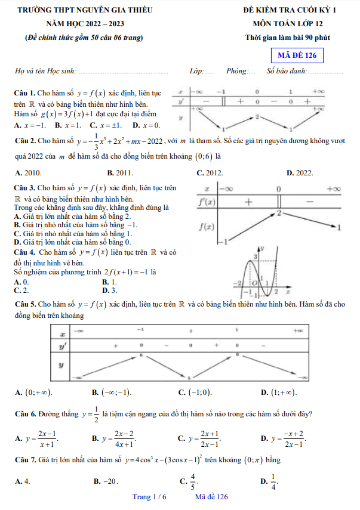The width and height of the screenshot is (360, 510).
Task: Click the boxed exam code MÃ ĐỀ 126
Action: click(x=297, y=56)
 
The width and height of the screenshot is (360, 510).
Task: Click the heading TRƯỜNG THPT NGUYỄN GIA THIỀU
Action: click(x=85, y=10)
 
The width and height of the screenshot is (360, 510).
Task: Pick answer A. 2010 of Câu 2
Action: click(x=28, y=172)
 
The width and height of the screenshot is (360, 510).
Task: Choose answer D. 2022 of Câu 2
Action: click(x=300, y=172)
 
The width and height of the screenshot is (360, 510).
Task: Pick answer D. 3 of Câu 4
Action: click(x=109, y=290)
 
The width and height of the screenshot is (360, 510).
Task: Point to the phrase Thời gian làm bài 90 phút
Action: click(x=287, y=38)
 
